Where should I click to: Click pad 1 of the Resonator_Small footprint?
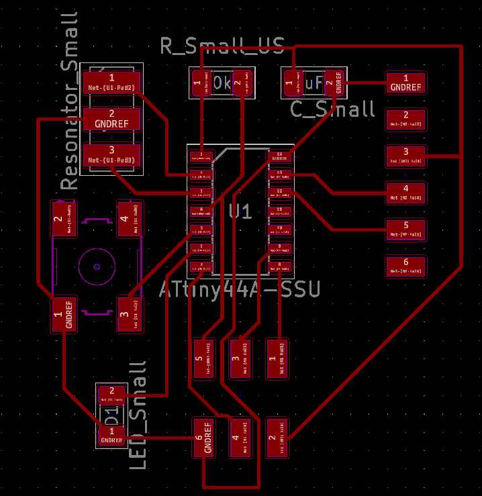111,83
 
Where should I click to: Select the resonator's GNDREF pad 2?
111,119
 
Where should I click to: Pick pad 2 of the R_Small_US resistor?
240,84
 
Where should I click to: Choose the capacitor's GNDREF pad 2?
334,83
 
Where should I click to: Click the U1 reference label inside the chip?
240,212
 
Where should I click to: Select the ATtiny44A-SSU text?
240,290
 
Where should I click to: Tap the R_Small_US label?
222,46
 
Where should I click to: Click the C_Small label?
333,109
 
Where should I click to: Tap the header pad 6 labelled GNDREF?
205,438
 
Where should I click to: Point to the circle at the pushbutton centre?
97,266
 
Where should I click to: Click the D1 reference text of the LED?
112,414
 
